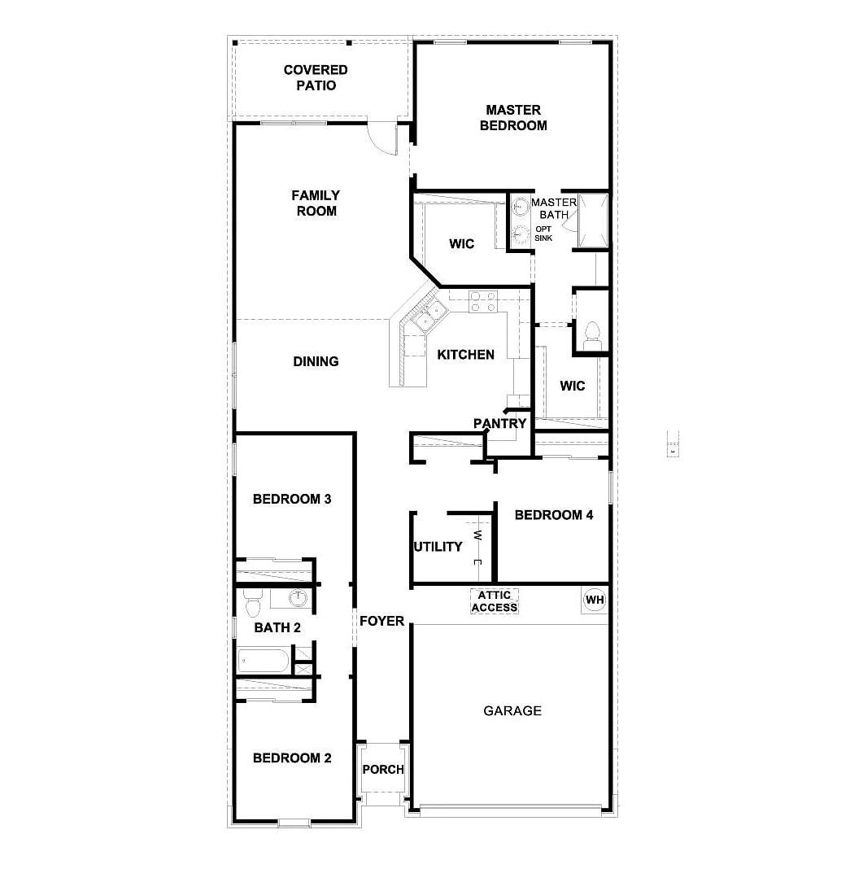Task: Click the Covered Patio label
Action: pos(316,78)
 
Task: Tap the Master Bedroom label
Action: pos(513,118)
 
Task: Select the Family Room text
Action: pos(316,203)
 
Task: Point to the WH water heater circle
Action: pos(595,600)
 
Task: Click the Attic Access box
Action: pos(494,602)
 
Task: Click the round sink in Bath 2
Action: pos(299,598)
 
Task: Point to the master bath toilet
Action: pos(592,334)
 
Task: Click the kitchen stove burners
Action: pos(483,302)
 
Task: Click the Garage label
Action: pos(512,711)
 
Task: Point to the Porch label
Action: pos(383,770)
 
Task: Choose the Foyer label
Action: pos(382,622)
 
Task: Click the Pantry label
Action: pos(500,424)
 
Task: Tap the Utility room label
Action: pos(438,547)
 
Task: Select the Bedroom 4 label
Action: pos(554,515)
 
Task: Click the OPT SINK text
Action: pos(543,234)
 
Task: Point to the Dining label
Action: pos(316,361)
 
